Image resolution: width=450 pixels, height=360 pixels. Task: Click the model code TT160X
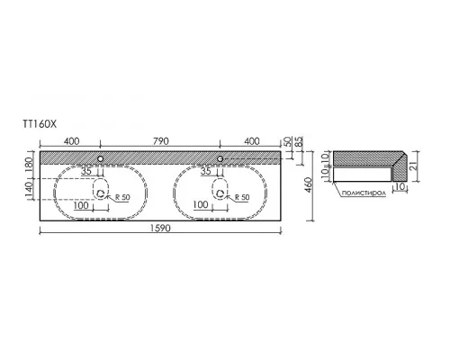[x=40, y=124]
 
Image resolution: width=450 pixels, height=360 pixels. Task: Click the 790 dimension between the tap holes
[x=161, y=140]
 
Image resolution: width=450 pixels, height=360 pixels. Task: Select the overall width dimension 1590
[x=160, y=229]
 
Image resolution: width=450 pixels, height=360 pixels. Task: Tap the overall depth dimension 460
[x=309, y=186]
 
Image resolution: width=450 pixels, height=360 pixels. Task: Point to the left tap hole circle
[x=101, y=158]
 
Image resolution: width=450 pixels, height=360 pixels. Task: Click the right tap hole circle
[x=220, y=158]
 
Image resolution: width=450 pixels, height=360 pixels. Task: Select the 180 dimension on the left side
[x=30, y=165]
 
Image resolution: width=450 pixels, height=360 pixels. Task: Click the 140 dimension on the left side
[x=30, y=190]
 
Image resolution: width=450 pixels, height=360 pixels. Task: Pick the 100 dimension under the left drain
[x=81, y=205]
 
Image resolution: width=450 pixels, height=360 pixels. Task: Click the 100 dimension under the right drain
[x=201, y=204]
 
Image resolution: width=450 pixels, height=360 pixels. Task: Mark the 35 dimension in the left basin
[x=86, y=172]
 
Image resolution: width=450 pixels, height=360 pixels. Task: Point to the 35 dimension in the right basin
[x=206, y=171]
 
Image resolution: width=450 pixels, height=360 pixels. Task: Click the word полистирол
[x=364, y=193]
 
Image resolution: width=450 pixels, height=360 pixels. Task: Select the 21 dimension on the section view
[x=413, y=166]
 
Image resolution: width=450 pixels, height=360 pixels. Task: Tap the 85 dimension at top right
[x=299, y=142]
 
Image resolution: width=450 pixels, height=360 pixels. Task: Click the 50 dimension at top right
[x=287, y=141]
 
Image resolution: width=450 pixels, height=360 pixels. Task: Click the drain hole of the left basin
[x=101, y=193]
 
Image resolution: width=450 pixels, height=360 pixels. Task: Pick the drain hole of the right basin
[x=220, y=193]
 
